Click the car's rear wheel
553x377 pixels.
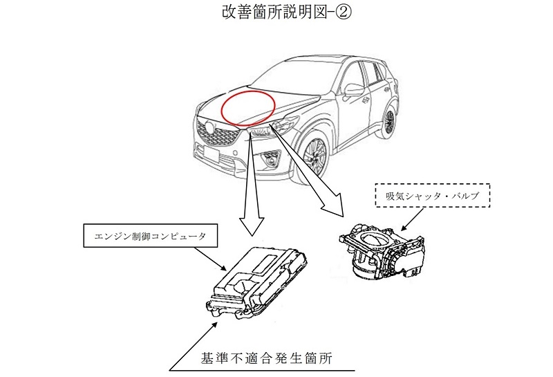point(391,119)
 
